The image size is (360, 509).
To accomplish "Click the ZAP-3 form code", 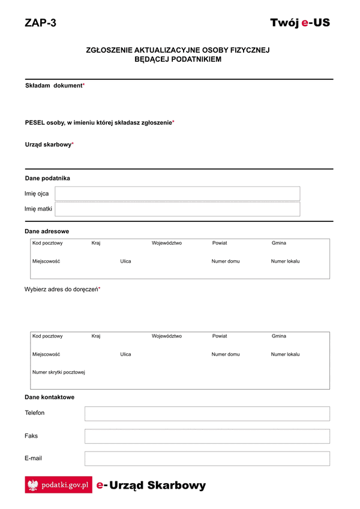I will coord(40,23).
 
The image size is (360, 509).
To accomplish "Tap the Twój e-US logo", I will coord(299,23).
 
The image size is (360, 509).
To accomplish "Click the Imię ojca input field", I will coord(177,194).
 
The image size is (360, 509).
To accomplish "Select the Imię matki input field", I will coord(177,209).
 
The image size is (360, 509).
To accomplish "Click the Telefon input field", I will coord(207,414).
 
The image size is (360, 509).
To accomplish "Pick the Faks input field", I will coord(207,436).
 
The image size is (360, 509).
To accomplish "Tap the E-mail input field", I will coord(207,459).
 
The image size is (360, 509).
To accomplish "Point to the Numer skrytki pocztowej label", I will coord(59,372).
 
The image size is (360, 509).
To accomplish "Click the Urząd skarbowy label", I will coord(49,144).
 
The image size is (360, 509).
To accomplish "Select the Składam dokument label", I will coord(54,86).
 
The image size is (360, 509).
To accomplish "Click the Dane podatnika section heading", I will coord(47,178).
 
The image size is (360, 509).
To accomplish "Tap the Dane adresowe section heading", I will coord(47,231).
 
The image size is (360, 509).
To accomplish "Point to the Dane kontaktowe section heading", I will coord(50,397).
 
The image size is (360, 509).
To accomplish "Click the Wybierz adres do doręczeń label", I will coord(62,289).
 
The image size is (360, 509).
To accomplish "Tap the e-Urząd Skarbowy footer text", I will coord(151,485).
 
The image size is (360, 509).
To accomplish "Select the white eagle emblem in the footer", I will coord(33,485).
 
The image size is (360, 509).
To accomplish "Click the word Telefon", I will coord(35,413).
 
